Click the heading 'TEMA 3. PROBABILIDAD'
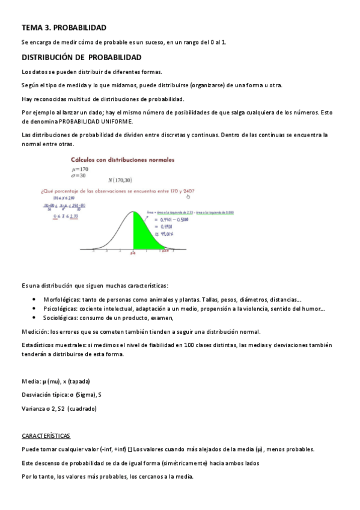coord(64,28)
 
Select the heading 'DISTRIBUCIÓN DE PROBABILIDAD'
coord(81,58)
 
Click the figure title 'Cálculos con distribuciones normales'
coord(123,161)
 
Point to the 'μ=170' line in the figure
coord(79,171)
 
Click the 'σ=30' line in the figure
coord(78,176)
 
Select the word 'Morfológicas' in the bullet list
coord(61,300)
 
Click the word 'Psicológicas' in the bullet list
coord(59,309)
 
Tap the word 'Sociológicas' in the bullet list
coord(59,318)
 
